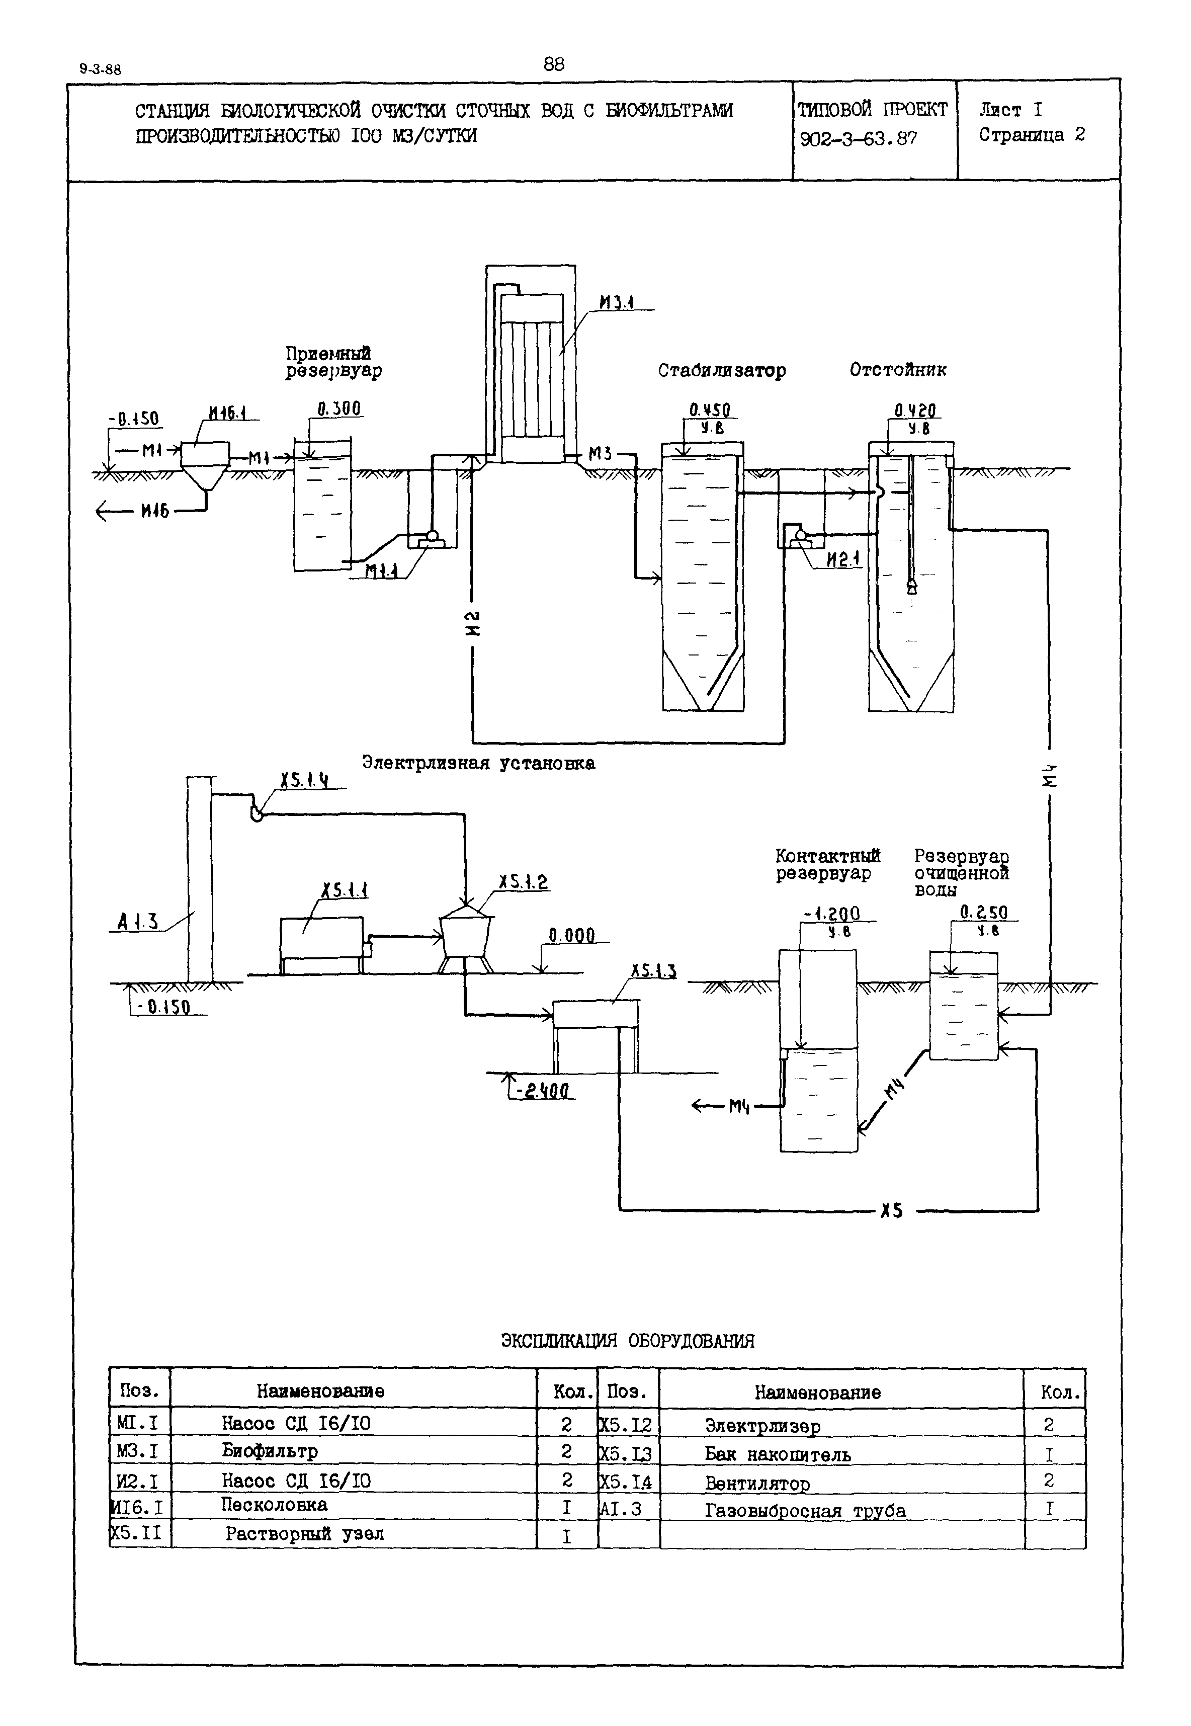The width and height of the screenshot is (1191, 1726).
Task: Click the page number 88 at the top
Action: pyautogui.click(x=554, y=64)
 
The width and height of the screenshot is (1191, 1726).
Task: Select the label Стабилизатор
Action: pyautogui.click(x=722, y=371)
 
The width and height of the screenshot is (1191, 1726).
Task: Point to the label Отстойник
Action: pyautogui.click(x=898, y=369)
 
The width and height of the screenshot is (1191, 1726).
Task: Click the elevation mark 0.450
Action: pyautogui.click(x=710, y=409)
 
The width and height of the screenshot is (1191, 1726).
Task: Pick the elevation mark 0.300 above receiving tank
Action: pyautogui.click(x=339, y=409)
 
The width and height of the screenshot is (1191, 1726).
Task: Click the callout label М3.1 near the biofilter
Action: pyautogui.click(x=617, y=302)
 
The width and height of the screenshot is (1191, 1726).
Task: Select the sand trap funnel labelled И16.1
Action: pyautogui.click(x=205, y=466)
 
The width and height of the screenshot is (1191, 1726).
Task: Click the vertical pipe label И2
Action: pyautogui.click(x=472, y=623)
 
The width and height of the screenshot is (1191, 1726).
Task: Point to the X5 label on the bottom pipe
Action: pyautogui.click(x=891, y=1210)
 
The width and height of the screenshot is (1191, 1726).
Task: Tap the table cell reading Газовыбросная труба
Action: pyautogui.click(x=805, y=1511)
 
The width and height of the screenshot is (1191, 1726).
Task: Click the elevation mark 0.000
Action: pyautogui.click(x=572, y=936)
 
